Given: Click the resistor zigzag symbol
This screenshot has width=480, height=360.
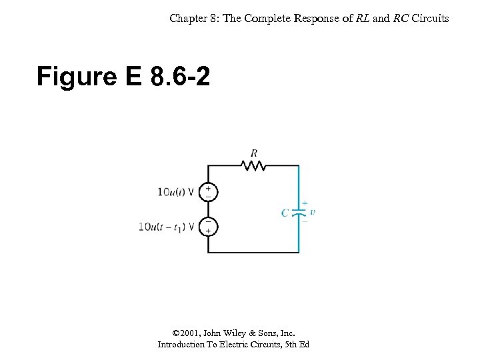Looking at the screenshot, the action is pos(253,165).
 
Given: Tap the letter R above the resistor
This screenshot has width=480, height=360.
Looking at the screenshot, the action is pos(254,153).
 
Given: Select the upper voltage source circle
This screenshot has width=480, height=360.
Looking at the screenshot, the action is pos(208,192).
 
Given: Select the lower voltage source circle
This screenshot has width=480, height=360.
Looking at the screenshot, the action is pos(208,226).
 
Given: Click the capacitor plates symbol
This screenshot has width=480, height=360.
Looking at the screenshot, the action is pos(299,213).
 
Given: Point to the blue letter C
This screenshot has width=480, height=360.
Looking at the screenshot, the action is pos(285,213).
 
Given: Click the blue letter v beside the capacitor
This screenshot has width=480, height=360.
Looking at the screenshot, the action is pos(313,212).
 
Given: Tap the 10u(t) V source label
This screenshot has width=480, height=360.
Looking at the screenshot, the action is pos(175,193).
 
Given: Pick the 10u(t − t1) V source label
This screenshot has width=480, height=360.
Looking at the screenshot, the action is pos(167,227).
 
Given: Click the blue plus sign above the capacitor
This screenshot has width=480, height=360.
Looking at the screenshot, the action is pos(305,203).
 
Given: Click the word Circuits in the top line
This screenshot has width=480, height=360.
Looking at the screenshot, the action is pos(431,18).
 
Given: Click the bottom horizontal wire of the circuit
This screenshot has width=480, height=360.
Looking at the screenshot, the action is pos(253,253).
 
